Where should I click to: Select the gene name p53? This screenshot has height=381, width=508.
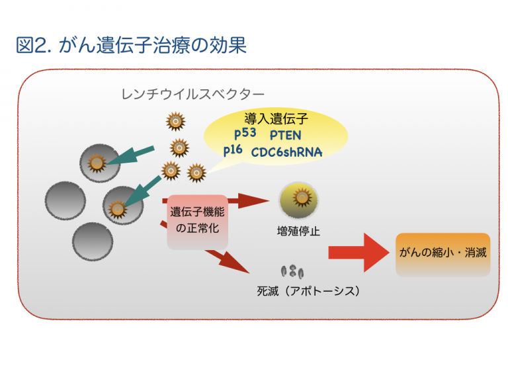pyautogui.click(x=245, y=132)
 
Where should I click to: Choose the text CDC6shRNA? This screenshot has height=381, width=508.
pyautogui.click(x=286, y=152)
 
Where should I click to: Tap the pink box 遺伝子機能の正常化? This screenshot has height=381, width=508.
pyautogui.click(x=198, y=221)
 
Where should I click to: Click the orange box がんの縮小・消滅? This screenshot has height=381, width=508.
pyautogui.click(x=443, y=253)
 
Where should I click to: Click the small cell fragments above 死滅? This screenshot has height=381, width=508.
pyautogui.click(x=292, y=271)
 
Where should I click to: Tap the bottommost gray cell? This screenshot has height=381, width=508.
pyautogui.click(x=92, y=241)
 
